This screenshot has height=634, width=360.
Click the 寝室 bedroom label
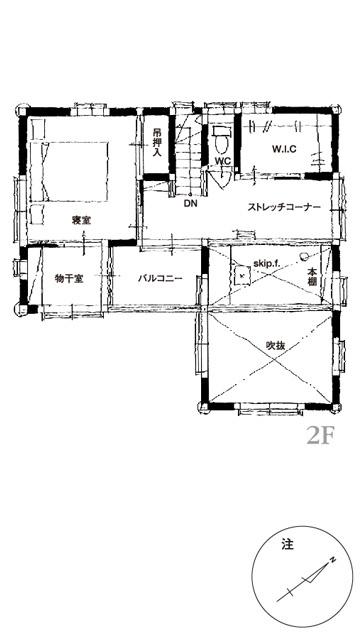click(81, 220)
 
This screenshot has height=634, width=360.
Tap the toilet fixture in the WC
click(220, 138)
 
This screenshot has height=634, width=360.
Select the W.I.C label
click(284, 149)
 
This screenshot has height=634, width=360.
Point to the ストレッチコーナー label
click(284, 207)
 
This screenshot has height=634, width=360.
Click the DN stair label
click(190, 204)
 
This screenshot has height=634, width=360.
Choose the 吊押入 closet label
click(157, 142)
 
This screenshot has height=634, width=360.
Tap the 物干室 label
click(69, 278)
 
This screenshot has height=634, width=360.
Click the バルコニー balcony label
click(160, 278)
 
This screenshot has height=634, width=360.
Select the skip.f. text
click(267, 263)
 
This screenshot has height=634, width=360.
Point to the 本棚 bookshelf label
click(312, 278)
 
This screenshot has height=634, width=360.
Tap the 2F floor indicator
click(321, 436)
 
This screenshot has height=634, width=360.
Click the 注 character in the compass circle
click(288, 545)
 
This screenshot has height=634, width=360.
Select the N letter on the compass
click(333, 560)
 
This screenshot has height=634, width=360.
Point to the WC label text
click(222, 161)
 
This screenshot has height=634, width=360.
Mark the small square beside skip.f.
click(242, 276)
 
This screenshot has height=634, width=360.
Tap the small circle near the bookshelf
click(303, 256)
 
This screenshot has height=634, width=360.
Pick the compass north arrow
click(303, 581)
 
